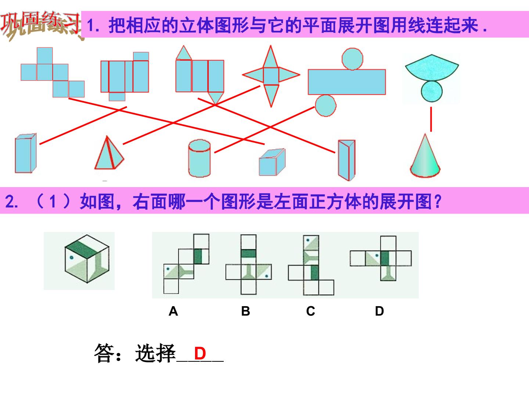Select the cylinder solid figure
click(x=199, y=158)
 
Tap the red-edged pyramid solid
click(x=109, y=154)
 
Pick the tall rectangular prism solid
click(x=26, y=153)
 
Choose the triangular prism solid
click(x=346, y=160)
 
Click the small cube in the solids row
click(x=272, y=162)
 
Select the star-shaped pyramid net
click(x=271, y=76)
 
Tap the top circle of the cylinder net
click(x=352, y=59)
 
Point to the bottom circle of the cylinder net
click(x=325, y=106)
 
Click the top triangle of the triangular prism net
click(x=184, y=53)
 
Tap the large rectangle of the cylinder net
click(x=347, y=82)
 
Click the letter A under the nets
click(x=173, y=311)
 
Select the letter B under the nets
click(x=246, y=311)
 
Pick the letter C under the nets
click(x=311, y=311)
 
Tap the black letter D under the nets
click(x=379, y=311)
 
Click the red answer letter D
click(x=200, y=353)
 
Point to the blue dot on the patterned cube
click(x=72, y=258)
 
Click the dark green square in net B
click(x=248, y=254)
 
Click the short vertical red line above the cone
click(x=431, y=119)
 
